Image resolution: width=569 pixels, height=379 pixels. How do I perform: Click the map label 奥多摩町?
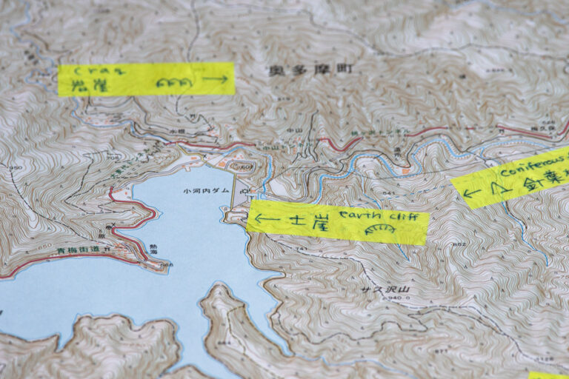301,71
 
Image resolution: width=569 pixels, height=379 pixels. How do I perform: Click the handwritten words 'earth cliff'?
383,216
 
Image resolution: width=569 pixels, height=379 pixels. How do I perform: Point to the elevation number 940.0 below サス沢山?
398,300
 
